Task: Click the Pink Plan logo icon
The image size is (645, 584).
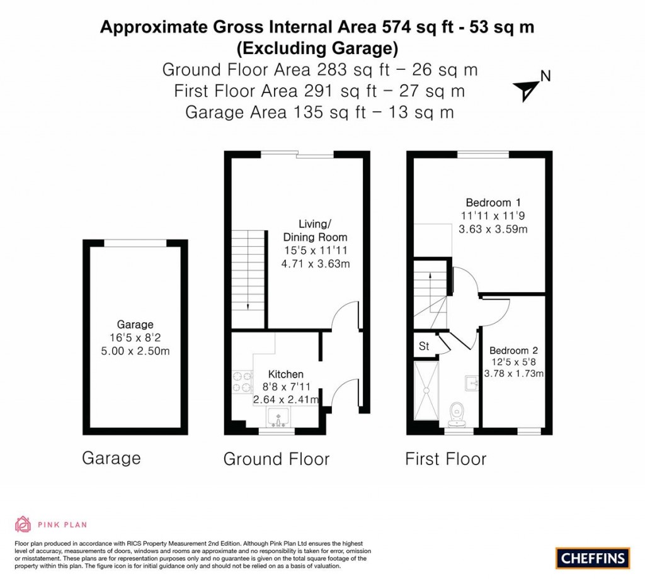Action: (23, 524)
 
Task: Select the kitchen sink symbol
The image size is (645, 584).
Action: (277, 417)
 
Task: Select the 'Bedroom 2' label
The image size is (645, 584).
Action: (513, 351)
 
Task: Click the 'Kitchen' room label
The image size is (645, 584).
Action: (285, 374)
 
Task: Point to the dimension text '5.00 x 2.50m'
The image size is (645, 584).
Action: (135, 351)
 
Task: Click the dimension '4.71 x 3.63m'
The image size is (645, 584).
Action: (315, 264)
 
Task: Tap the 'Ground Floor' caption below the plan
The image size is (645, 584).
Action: (276, 459)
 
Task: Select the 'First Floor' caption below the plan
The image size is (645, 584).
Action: (445, 459)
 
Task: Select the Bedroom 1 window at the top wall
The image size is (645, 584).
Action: (482, 154)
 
